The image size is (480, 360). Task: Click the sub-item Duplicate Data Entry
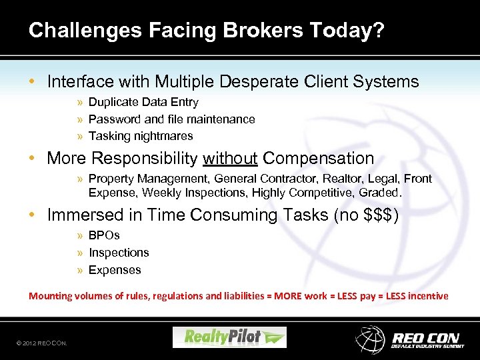143,102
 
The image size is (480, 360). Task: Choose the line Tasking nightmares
141,136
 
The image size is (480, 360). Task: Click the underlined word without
230,159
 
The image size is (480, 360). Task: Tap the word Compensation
318,159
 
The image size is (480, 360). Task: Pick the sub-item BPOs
104,235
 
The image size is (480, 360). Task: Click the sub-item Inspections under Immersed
119,253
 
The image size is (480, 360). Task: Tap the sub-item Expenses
115,270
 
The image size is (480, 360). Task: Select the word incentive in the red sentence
428,296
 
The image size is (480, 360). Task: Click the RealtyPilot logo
229,337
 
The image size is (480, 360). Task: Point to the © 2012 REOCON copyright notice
41,343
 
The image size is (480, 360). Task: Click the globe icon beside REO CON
370,339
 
